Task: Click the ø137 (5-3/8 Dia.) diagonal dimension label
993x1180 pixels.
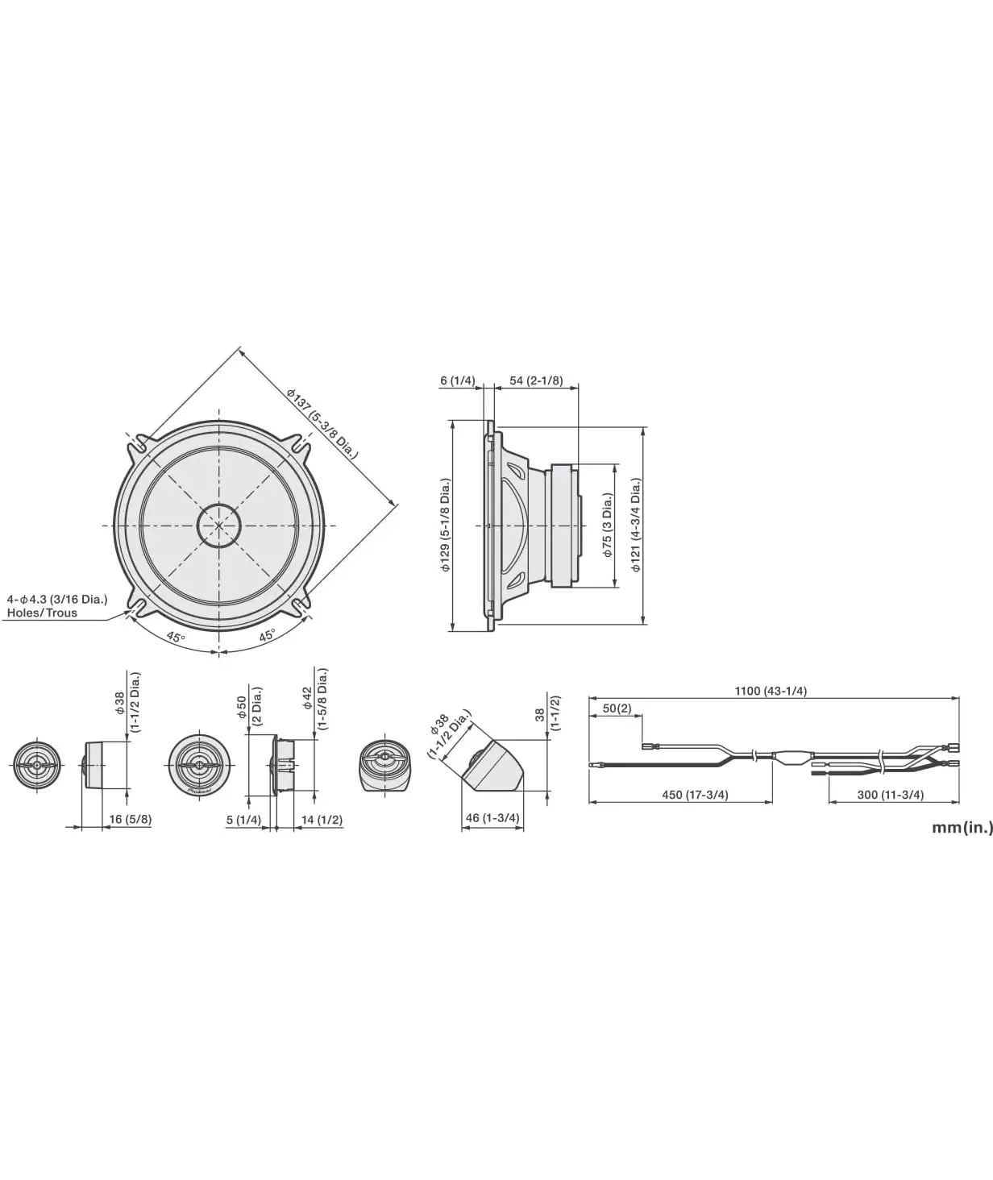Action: point(322,424)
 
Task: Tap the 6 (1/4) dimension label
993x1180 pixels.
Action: point(458,380)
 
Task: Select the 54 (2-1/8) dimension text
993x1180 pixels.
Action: point(536,380)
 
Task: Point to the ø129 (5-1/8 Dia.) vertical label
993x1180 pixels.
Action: point(446,526)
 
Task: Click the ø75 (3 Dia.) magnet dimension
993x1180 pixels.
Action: point(608,526)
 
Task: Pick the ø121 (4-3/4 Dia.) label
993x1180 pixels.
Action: point(636,526)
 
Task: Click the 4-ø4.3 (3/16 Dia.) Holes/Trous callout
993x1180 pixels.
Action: point(57,605)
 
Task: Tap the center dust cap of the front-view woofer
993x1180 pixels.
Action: point(218,526)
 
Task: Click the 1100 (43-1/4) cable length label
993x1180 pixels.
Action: point(771,691)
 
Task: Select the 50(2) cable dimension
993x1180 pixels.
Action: point(617,708)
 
